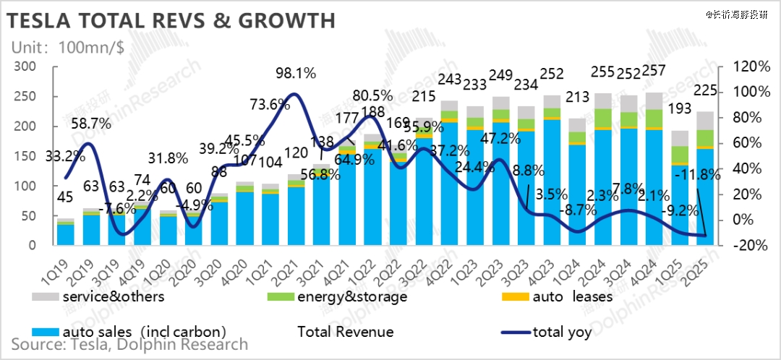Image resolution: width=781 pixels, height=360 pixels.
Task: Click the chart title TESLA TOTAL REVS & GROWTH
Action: click(172, 20)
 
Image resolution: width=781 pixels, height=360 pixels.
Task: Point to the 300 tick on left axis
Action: click(26, 67)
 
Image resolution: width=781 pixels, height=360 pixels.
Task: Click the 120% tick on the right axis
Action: click(751, 67)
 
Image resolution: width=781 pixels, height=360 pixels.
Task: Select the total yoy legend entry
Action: click(562, 332)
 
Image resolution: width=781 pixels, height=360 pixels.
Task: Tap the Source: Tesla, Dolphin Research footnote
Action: click(129, 345)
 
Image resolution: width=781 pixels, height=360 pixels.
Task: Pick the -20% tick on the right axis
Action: click(751, 245)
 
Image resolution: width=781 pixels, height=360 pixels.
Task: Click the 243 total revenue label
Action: click(449, 78)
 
